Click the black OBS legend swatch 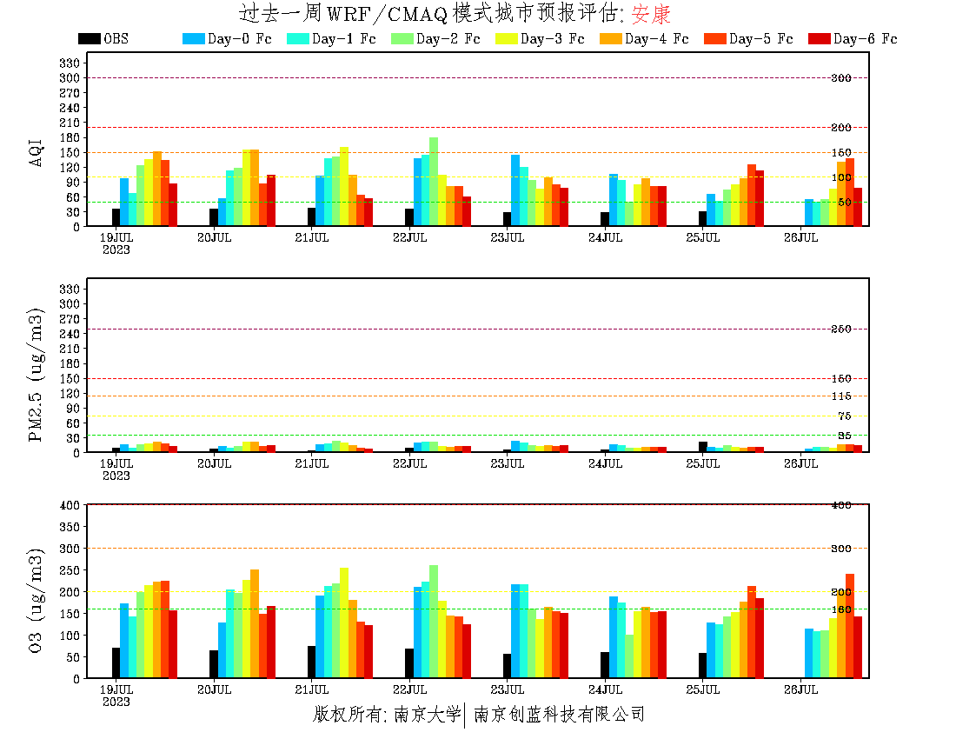coord(89,39)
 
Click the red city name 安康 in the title coord(651,14)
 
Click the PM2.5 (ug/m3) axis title coord(37,375)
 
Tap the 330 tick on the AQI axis coord(70,63)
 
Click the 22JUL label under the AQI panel coord(409,237)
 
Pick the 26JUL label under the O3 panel coord(800,689)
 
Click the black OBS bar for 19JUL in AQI coord(116,217)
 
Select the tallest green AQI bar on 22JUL coord(434,182)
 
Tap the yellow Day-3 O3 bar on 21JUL coord(344,622)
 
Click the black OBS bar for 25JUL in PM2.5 coord(702,447)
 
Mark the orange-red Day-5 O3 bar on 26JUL coord(849,626)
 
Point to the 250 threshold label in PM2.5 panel coord(840,330)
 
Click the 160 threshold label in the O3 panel coord(840,609)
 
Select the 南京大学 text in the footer coord(425,715)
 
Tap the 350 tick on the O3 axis coord(70,527)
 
